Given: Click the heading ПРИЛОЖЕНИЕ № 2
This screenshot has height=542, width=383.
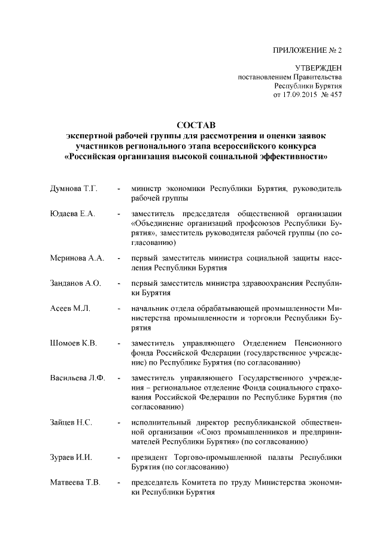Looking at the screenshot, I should pos(306,50).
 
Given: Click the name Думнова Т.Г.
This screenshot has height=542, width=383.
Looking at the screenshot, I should pos(73,189).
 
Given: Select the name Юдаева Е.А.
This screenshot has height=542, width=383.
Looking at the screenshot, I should pos(71,214).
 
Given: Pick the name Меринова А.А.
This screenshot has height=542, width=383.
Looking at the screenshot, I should pos(77,258).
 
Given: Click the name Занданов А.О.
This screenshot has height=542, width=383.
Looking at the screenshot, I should pos(75,283).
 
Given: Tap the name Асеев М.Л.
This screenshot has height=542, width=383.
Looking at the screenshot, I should pos(69,308).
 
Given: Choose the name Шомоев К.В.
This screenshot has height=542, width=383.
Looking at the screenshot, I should pos(73,343).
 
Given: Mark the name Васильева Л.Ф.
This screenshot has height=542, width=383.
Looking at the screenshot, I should pos(77,379).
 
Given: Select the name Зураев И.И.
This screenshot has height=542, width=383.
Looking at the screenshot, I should pos(71,458).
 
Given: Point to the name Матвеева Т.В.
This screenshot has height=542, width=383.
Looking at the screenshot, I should pos(75,483).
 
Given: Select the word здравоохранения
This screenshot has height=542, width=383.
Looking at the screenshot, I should pos(270,283).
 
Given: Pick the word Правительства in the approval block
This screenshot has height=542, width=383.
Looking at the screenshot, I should pos(317,78).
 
